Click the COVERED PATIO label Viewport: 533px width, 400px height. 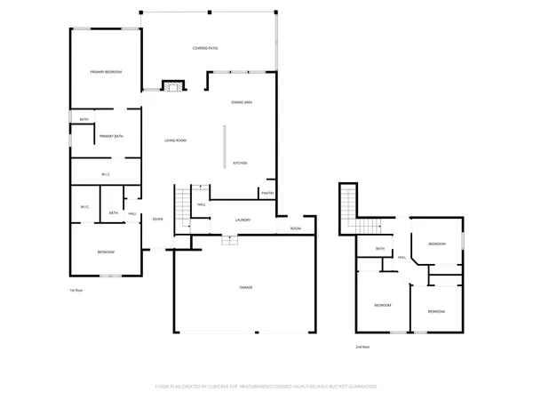[x=206, y=48]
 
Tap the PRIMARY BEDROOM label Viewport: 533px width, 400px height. [x=106, y=72]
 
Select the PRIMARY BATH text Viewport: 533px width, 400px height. [x=111, y=136]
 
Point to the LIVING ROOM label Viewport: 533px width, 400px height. [x=174, y=140]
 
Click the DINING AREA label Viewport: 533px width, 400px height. [x=243, y=103]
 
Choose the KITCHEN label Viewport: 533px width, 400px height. [x=240, y=164]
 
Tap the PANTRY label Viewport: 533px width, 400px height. [x=267, y=193]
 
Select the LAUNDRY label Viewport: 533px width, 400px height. [x=243, y=220]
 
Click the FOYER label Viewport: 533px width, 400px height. [x=157, y=219]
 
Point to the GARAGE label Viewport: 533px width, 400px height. [x=245, y=287]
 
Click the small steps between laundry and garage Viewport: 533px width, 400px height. [x=229, y=238]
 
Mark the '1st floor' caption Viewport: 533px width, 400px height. [x=76, y=291]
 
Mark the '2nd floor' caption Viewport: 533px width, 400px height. [x=362, y=347]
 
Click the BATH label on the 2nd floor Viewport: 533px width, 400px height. [x=380, y=249]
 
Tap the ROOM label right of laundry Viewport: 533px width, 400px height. [x=296, y=228]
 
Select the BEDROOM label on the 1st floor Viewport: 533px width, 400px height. [x=106, y=252]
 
